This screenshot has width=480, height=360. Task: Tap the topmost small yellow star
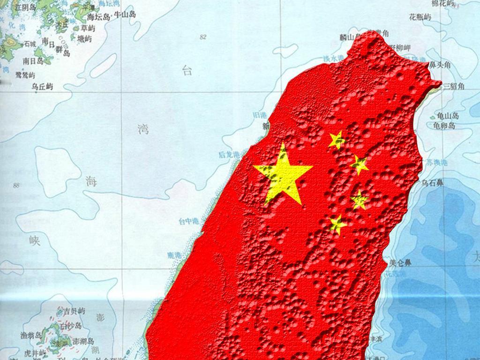(337, 140)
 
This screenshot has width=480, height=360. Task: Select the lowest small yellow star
(337, 224)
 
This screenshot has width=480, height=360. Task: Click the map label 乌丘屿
(42, 86)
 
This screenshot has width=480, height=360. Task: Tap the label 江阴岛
(25, 7)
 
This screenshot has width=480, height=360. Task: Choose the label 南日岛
(33, 61)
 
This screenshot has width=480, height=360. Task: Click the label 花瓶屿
(420, 17)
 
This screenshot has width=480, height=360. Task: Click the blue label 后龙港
(229, 154)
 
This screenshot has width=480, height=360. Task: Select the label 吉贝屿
(75, 311)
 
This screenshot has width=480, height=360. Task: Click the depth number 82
(203, 37)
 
